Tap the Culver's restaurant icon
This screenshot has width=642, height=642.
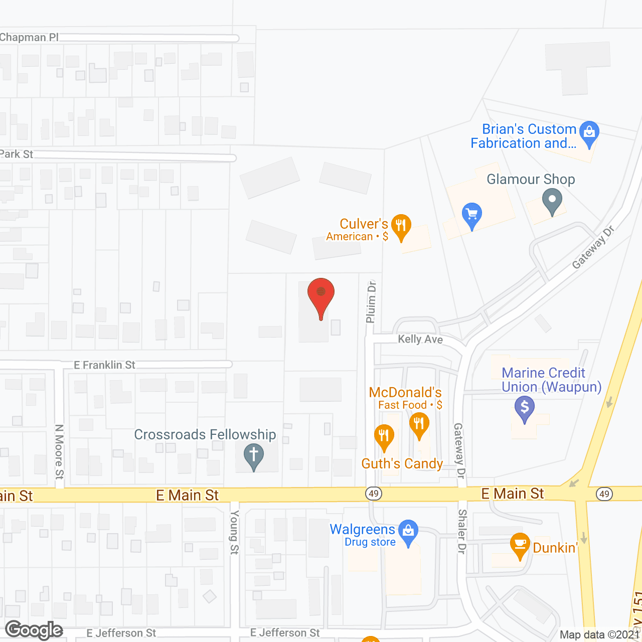pyautogui.click(x=401, y=225)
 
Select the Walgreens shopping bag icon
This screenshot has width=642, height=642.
pyautogui.click(x=408, y=530)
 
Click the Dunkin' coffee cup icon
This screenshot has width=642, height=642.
pyautogui.click(x=520, y=544)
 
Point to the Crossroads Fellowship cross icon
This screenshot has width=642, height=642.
pyautogui.click(x=254, y=456)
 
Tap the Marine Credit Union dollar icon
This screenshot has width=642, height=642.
pyautogui.click(x=525, y=407)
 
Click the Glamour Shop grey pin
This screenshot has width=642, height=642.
pyautogui.click(x=552, y=200)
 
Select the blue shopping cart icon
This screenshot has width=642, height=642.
pyautogui.click(x=471, y=214)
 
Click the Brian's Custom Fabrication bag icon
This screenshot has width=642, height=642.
pyautogui.click(x=589, y=133)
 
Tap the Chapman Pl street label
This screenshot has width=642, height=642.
pyautogui.click(x=29, y=38)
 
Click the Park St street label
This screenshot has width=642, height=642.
pyautogui.click(x=17, y=154)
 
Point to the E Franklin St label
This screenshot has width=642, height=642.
pyautogui.click(x=104, y=365)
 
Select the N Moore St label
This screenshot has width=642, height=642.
pyautogui.click(x=59, y=451)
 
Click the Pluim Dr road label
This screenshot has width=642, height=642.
pyautogui.click(x=371, y=301)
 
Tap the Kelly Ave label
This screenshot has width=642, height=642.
pyautogui.click(x=420, y=340)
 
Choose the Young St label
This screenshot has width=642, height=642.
pyautogui.click(x=234, y=532)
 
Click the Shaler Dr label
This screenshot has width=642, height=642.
pyautogui.click(x=462, y=531)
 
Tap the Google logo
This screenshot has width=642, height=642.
pyautogui.click(x=34, y=630)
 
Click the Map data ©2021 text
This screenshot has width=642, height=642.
pyautogui.click(x=599, y=635)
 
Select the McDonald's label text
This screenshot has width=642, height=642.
pyautogui.click(x=405, y=392)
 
